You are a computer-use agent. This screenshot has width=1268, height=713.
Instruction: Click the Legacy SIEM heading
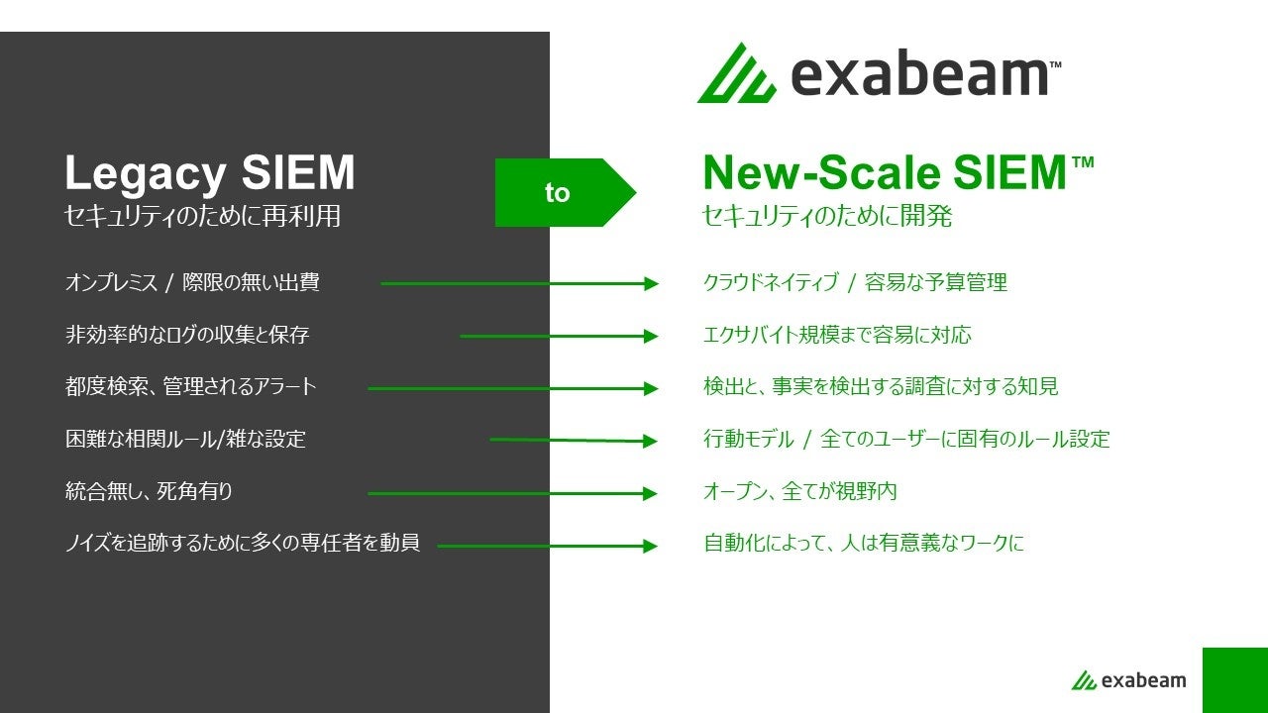click(209, 174)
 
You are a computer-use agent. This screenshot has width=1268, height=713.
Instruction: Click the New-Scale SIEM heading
click(883, 174)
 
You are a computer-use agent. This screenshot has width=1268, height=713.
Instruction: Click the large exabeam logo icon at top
click(736, 73)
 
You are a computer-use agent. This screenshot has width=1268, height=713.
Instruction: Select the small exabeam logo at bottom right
click(1127, 680)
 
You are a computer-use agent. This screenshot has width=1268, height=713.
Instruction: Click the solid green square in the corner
click(1234, 680)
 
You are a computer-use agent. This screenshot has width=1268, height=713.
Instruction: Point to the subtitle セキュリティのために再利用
click(202, 216)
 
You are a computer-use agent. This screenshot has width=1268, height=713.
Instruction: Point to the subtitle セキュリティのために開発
click(826, 216)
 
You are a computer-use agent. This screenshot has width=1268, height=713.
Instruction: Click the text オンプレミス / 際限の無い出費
click(192, 283)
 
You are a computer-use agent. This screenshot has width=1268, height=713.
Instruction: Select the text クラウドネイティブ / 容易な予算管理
click(854, 283)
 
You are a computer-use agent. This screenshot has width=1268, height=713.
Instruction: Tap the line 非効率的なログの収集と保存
click(187, 336)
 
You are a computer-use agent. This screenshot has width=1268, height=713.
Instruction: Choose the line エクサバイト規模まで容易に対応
click(837, 336)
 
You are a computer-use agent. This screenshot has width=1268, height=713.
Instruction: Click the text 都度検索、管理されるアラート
click(191, 387)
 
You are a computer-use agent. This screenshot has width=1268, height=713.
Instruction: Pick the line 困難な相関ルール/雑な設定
click(185, 440)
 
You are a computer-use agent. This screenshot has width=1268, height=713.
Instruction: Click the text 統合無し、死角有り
click(149, 492)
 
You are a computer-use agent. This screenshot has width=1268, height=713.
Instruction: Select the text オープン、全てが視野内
click(799, 492)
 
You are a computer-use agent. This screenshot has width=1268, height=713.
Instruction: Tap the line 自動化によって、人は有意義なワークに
click(863, 544)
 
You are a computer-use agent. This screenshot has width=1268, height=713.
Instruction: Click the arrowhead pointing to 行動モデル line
click(650, 441)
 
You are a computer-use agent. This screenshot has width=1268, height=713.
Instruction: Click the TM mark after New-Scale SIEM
click(1082, 161)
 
